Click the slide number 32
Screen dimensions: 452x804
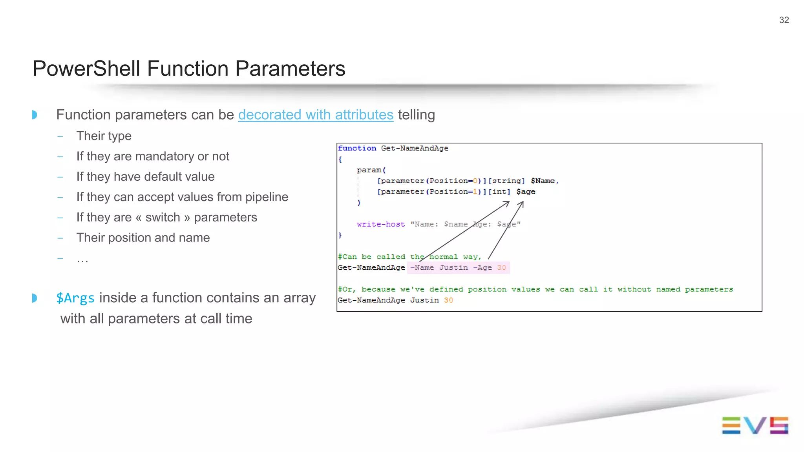[x=784, y=20]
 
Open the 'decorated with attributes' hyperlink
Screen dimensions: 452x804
[x=316, y=115]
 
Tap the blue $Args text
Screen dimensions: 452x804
[x=75, y=298]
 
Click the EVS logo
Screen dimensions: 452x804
[x=755, y=425]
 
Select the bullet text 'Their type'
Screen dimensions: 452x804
[x=104, y=136]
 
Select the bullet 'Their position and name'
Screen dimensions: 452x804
[x=143, y=238]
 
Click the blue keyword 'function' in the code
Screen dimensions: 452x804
[x=357, y=148]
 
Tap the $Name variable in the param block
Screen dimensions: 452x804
[x=543, y=181]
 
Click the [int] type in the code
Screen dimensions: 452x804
[x=499, y=192]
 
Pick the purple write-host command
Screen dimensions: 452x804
[x=380, y=224]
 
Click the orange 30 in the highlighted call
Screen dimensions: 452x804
[x=501, y=268]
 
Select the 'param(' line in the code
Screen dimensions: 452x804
[x=371, y=170]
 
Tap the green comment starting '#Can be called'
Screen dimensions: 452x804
[x=409, y=257]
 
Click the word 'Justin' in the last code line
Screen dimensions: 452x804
[x=424, y=300]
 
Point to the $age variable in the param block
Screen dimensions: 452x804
[x=526, y=192]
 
